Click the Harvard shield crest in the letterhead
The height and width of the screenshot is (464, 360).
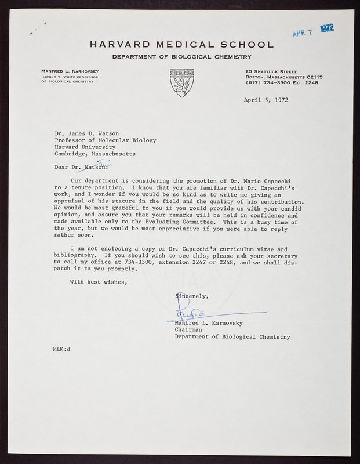click(x=181, y=82)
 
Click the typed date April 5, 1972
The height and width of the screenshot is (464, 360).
click(x=266, y=99)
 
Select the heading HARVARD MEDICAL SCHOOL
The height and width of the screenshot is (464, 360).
click(x=181, y=45)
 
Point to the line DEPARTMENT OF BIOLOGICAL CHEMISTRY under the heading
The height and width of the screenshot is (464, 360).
click(x=181, y=57)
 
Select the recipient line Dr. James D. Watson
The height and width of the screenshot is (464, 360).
click(x=91, y=133)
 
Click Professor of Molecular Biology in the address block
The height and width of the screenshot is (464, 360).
click(x=105, y=140)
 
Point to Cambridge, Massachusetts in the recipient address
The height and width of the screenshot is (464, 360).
click(x=95, y=154)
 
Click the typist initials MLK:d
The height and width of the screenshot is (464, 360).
click(x=61, y=349)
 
